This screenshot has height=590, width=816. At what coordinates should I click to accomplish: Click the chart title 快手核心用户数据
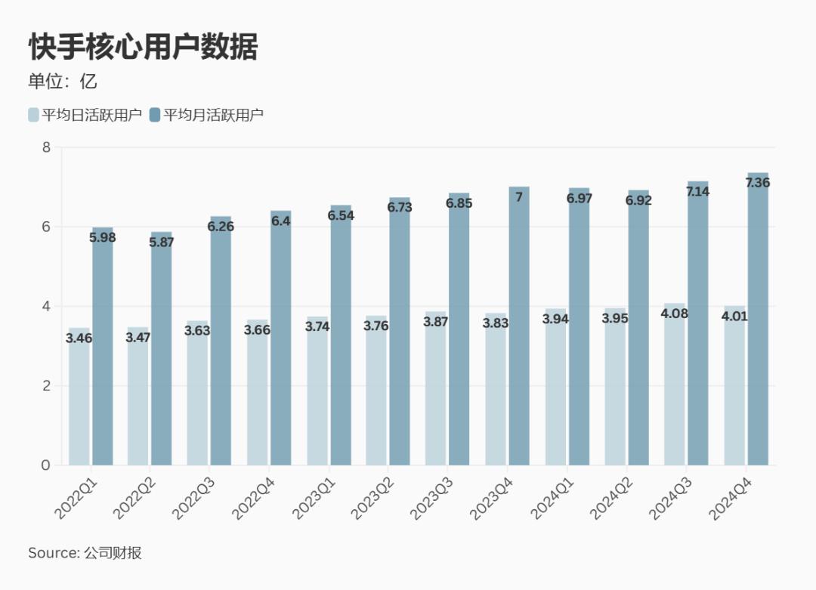143,47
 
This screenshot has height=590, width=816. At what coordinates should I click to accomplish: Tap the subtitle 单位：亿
63,82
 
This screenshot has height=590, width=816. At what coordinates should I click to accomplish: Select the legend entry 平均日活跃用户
85,115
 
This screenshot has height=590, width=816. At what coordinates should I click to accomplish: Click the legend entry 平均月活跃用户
206,115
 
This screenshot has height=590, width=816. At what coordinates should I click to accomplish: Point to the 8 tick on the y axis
46,147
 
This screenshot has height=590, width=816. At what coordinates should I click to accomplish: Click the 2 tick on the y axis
46,386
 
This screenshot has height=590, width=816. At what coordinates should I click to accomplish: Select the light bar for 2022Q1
79,408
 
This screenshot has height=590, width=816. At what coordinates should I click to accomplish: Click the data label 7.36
757,183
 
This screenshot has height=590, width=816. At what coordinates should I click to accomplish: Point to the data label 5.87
161,243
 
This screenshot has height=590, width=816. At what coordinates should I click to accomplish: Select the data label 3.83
495,323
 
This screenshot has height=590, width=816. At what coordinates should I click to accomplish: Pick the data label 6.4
280,221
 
